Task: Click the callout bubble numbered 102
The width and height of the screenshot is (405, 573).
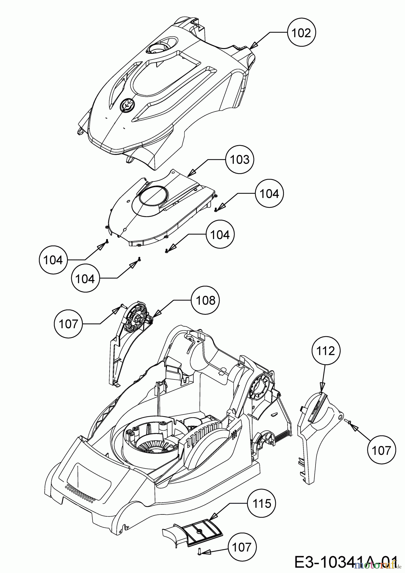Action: tap(301, 33)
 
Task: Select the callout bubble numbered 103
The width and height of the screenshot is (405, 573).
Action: tap(240, 160)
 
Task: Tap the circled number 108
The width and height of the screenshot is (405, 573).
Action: tap(205, 300)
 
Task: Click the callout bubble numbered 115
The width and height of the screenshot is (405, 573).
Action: tap(261, 504)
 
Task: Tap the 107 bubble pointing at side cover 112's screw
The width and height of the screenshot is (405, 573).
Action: tap(381, 450)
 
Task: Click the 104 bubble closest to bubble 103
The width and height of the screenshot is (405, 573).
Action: tap(269, 194)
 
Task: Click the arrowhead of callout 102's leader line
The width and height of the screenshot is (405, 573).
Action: tap(253, 46)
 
